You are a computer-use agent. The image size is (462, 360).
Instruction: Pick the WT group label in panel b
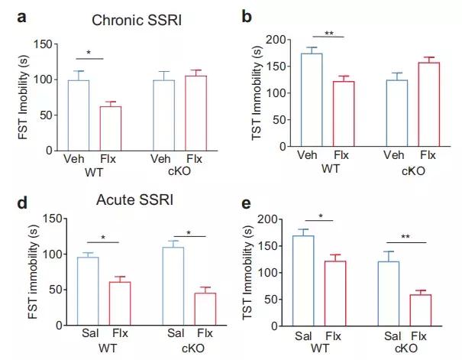click(329, 166)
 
